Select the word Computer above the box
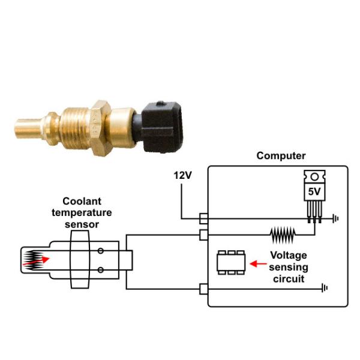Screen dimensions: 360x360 (x=281, y=156)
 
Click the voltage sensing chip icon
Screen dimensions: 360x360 (x=230, y=262)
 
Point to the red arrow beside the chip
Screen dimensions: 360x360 (x=259, y=263)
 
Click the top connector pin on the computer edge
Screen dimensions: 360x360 (x=203, y=218)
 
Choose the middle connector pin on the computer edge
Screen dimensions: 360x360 (x=203, y=233)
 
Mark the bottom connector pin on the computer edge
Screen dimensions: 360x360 (x=203, y=289)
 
